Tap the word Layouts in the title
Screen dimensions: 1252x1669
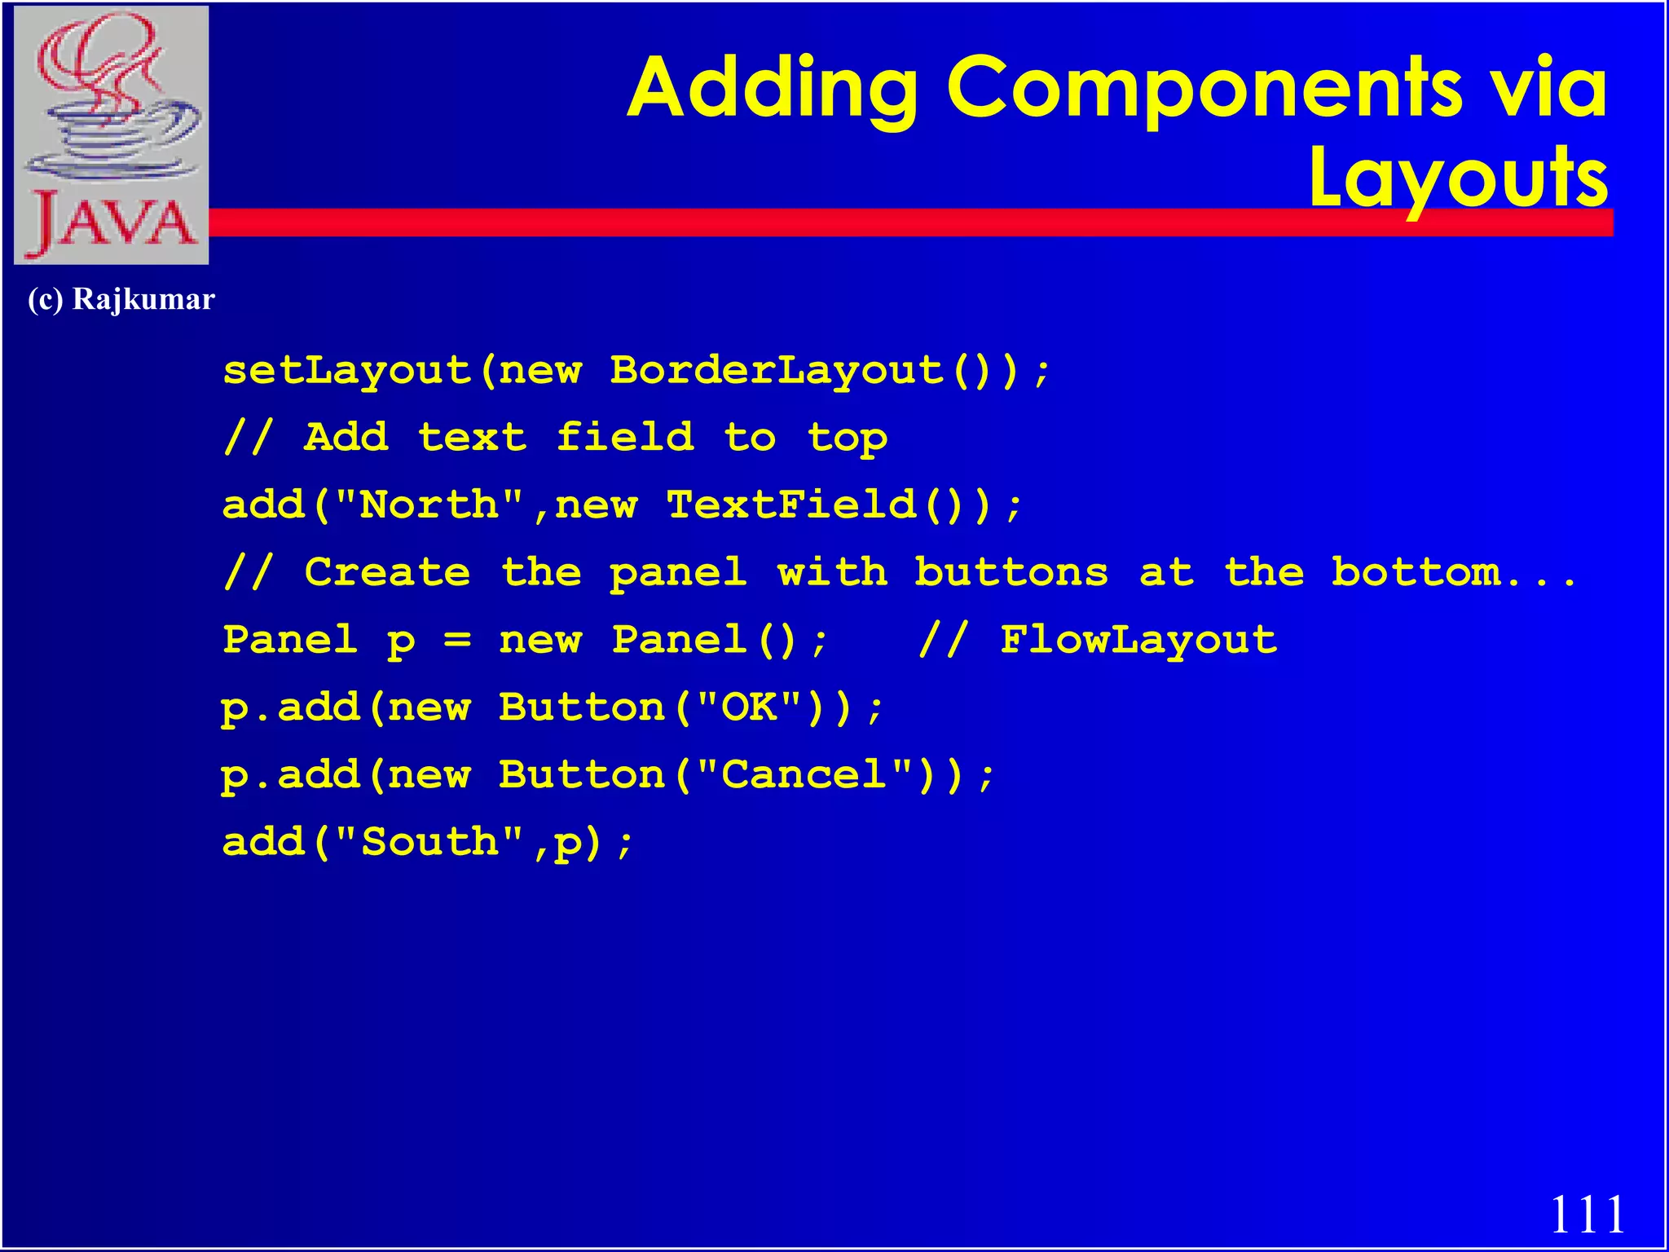point(1459,178)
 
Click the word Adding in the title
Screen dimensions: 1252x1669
point(773,88)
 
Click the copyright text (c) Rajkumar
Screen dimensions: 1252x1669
point(121,299)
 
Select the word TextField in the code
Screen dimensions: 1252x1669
point(791,505)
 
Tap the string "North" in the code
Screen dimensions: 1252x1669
point(429,505)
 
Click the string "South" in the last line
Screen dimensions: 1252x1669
point(429,842)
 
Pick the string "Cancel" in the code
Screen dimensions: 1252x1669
point(804,774)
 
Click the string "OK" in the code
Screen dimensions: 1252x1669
point(750,708)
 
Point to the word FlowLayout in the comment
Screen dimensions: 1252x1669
point(1138,640)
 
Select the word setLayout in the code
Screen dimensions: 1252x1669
point(347,371)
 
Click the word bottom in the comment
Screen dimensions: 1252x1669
point(1416,572)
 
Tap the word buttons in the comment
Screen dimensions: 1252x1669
point(1011,572)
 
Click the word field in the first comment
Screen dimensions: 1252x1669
point(625,438)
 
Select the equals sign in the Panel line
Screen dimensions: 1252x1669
point(457,640)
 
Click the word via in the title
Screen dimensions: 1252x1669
point(1548,88)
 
